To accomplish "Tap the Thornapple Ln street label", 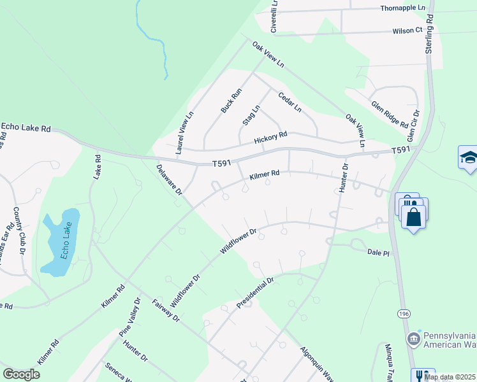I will [403, 7].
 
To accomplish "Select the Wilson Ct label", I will [407, 30].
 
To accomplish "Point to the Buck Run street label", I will [231, 101].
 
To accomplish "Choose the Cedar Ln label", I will [290, 102].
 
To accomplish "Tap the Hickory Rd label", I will [270, 138].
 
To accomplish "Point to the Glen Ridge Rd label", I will [389, 113].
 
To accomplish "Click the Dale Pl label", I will [378, 253].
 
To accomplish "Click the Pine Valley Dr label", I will [129, 317].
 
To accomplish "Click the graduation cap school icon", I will [468, 158].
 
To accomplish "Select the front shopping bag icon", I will [415, 216].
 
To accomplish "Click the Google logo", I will [21, 374].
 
